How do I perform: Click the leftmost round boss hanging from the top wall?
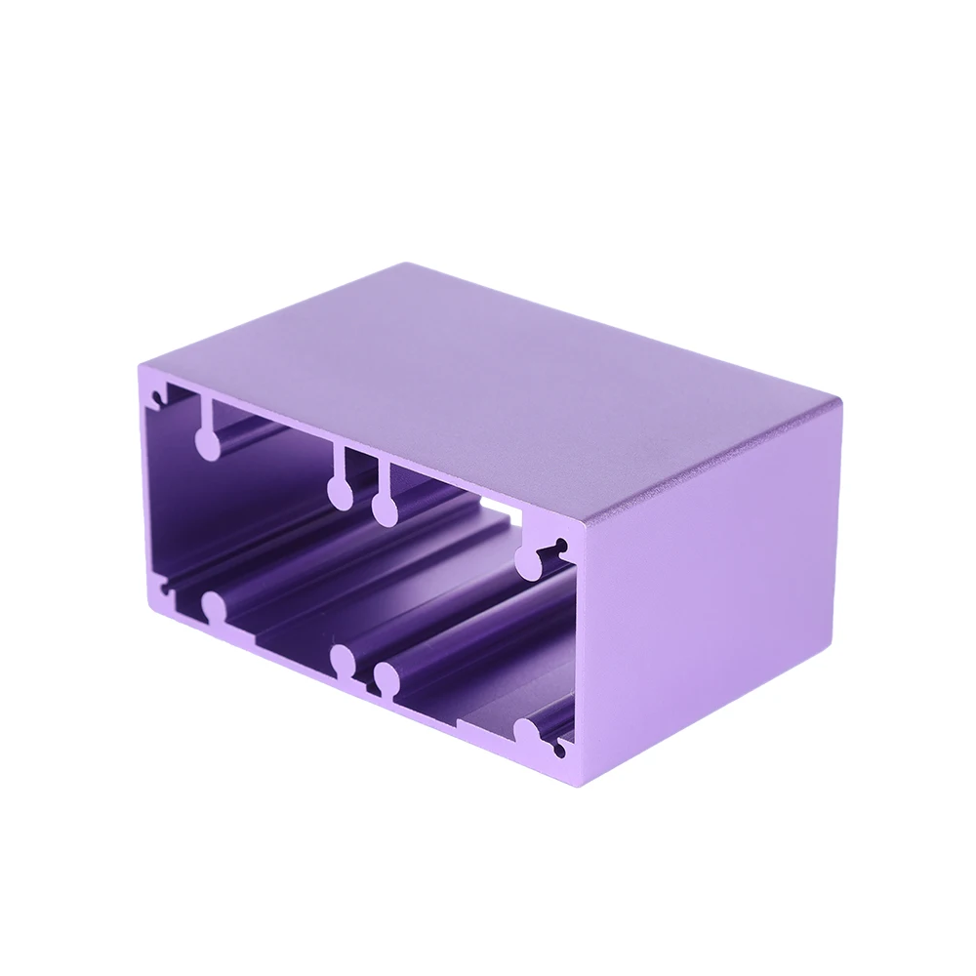[208, 444]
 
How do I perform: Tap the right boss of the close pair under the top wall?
[385, 508]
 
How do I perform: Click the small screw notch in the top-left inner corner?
[156, 398]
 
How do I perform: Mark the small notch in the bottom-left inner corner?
[166, 585]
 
